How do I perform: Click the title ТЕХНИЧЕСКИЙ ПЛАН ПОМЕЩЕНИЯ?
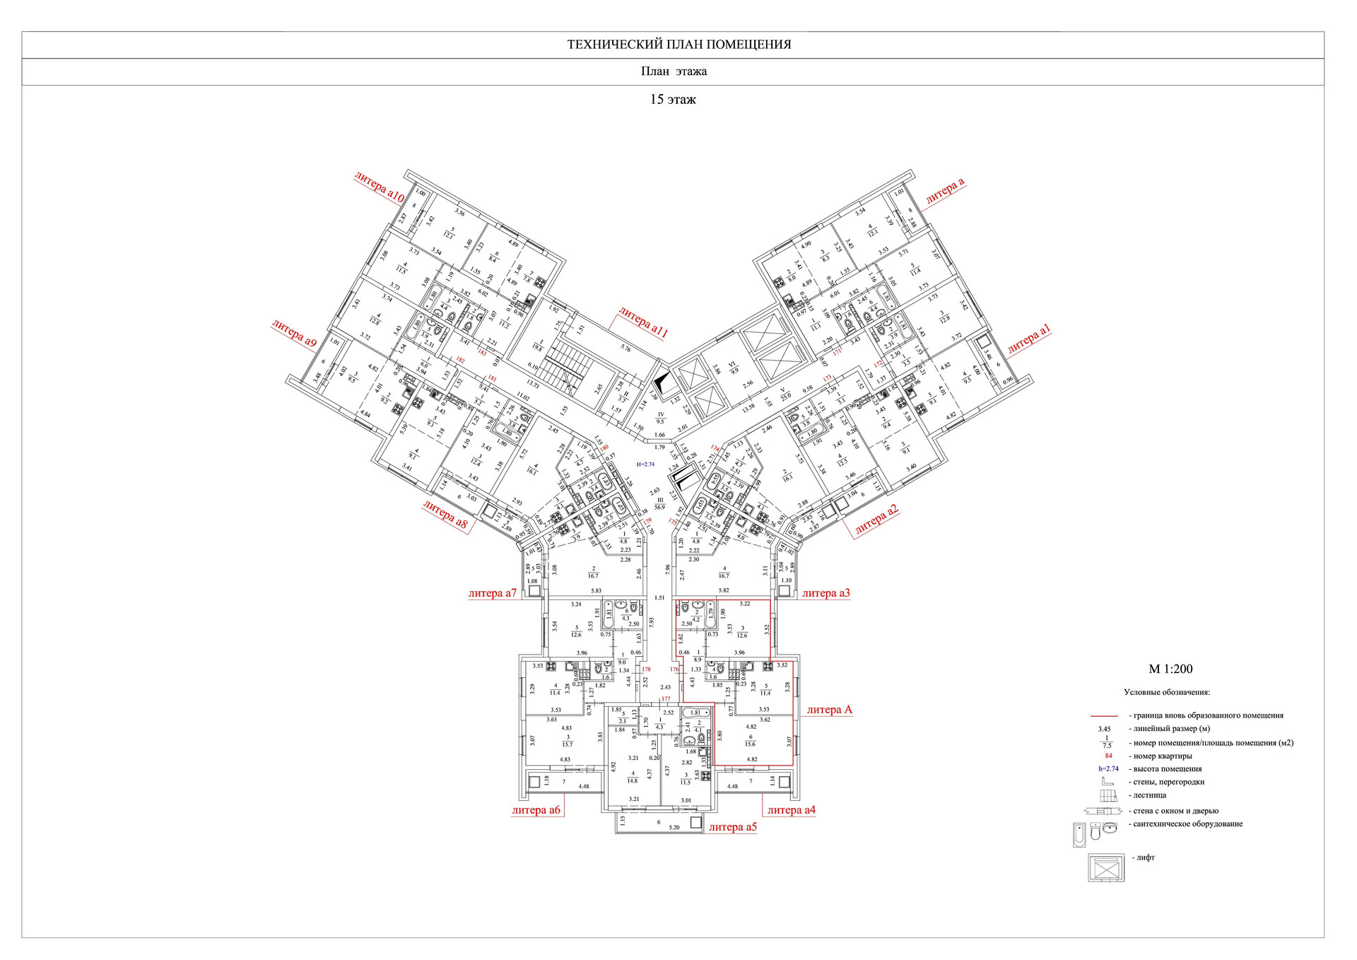point(678,45)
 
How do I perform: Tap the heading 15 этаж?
point(673,100)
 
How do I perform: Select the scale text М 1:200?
point(1170,669)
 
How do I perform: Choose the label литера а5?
point(732,826)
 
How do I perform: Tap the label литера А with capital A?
point(829,710)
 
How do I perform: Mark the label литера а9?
point(294,333)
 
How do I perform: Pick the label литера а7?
point(493,593)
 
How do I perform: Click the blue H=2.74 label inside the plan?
point(646,464)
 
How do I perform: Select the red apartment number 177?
point(666,698)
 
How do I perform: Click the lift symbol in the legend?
point(1105,867)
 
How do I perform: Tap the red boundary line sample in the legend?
point(1104,716)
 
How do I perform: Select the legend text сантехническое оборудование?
point(1188,824)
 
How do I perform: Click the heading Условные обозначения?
point(1167,692)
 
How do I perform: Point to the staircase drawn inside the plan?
point(570,375)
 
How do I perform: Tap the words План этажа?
point(674,71)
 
